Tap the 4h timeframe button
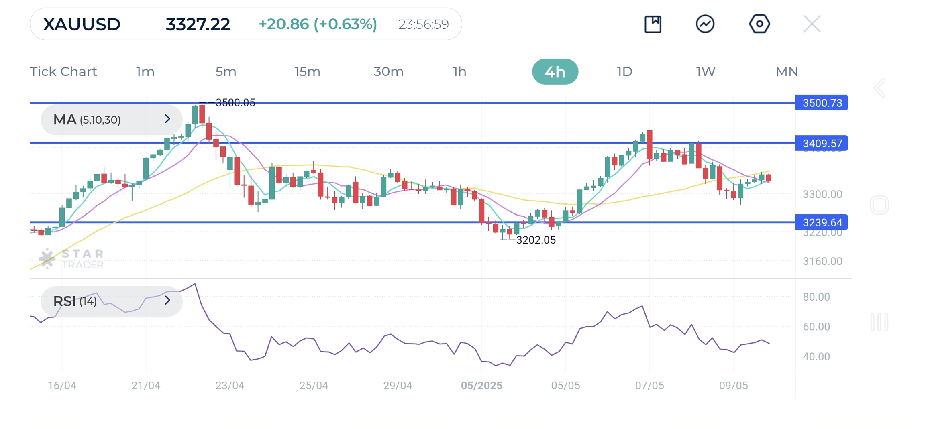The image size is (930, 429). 555,72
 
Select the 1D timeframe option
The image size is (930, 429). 624,72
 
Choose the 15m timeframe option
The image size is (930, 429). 307,72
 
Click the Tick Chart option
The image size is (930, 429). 63,72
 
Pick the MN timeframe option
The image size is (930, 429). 786,72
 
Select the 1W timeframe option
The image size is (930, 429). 706,72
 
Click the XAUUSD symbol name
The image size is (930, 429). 82,24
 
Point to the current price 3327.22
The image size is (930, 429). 198,24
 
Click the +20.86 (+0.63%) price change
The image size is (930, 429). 318,24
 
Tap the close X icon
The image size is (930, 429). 812,24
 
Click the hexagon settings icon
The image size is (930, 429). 759,24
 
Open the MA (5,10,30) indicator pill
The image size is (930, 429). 111,120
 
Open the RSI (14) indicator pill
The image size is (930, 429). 111,301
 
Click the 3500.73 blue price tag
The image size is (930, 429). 822,103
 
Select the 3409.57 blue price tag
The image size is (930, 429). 822,143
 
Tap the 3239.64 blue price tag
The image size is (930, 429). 822,222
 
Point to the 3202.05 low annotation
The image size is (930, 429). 536,240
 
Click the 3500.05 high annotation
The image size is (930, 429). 235,103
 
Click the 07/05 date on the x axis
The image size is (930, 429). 649,386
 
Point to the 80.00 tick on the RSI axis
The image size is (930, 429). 816,297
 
